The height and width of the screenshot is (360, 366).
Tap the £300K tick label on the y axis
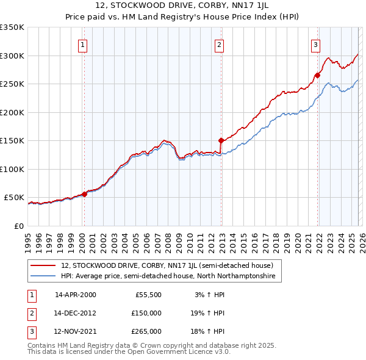(x=12, y=56)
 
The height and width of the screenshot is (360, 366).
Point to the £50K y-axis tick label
(x=15, y=198)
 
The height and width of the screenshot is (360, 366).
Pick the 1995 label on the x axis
(x=28, y=238)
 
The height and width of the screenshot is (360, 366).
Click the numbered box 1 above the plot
(x=82, y=44)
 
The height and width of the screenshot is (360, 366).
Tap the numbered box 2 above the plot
(x=219, y=44)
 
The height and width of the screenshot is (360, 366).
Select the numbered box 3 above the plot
(x=315, y=44)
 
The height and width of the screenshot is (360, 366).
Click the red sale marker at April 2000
(x=85, y=195)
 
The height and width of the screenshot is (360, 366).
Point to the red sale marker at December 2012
(x=221, y=141)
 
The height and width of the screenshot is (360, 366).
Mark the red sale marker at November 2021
(x=317, y=76)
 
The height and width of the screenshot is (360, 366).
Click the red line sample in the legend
(x=43, y=265)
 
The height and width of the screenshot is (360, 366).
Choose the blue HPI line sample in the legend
(x=43, y=276)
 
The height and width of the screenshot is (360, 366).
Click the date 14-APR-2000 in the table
(x=75, y=295)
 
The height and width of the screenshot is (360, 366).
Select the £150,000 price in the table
(x=146, y=313)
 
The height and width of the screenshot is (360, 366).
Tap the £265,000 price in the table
(x=146, y=331)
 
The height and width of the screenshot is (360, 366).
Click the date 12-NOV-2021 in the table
(x=75, y=331)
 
